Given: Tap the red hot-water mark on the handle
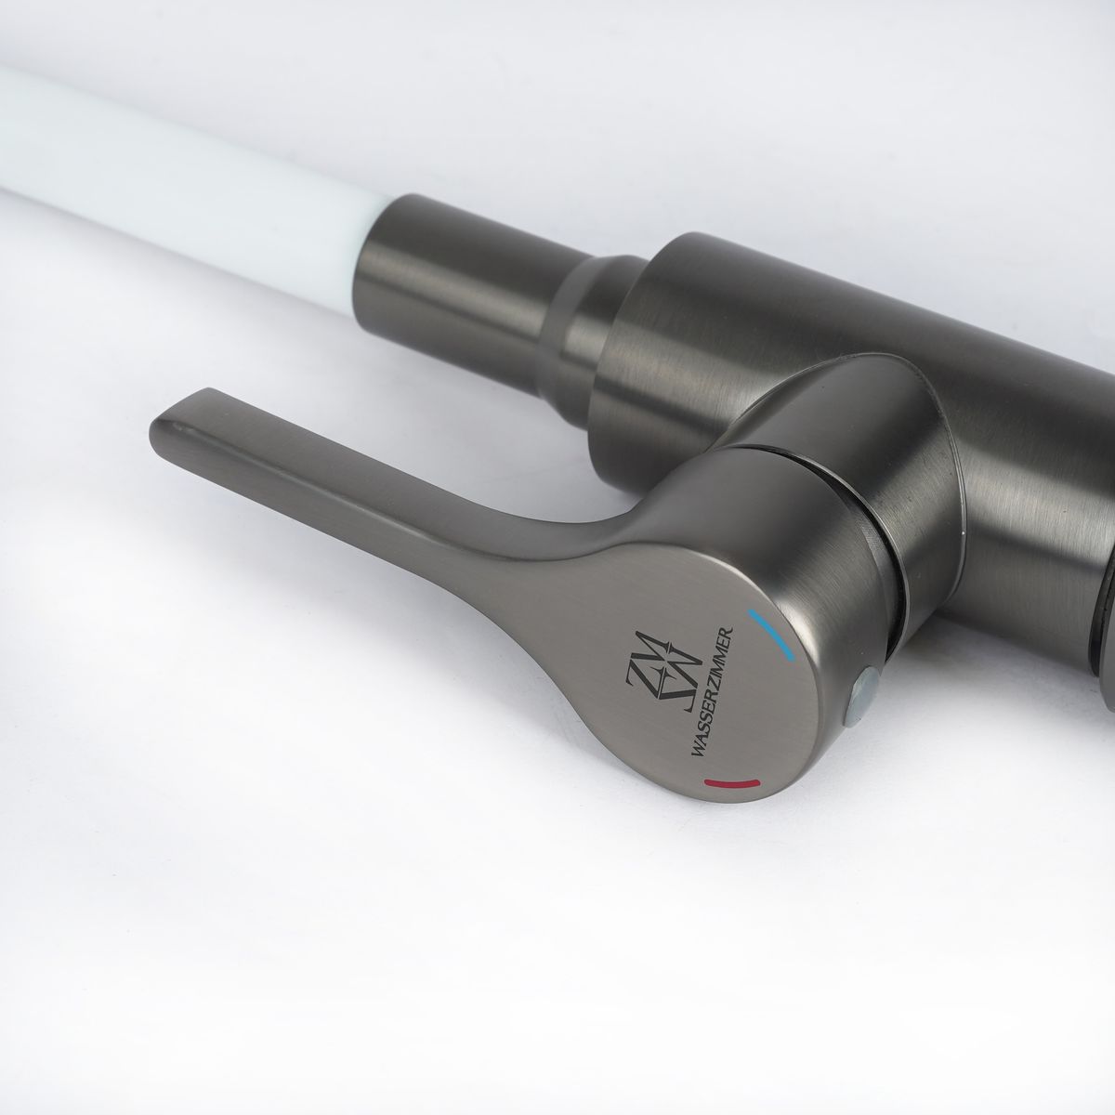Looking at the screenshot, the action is (x=731, y=784).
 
